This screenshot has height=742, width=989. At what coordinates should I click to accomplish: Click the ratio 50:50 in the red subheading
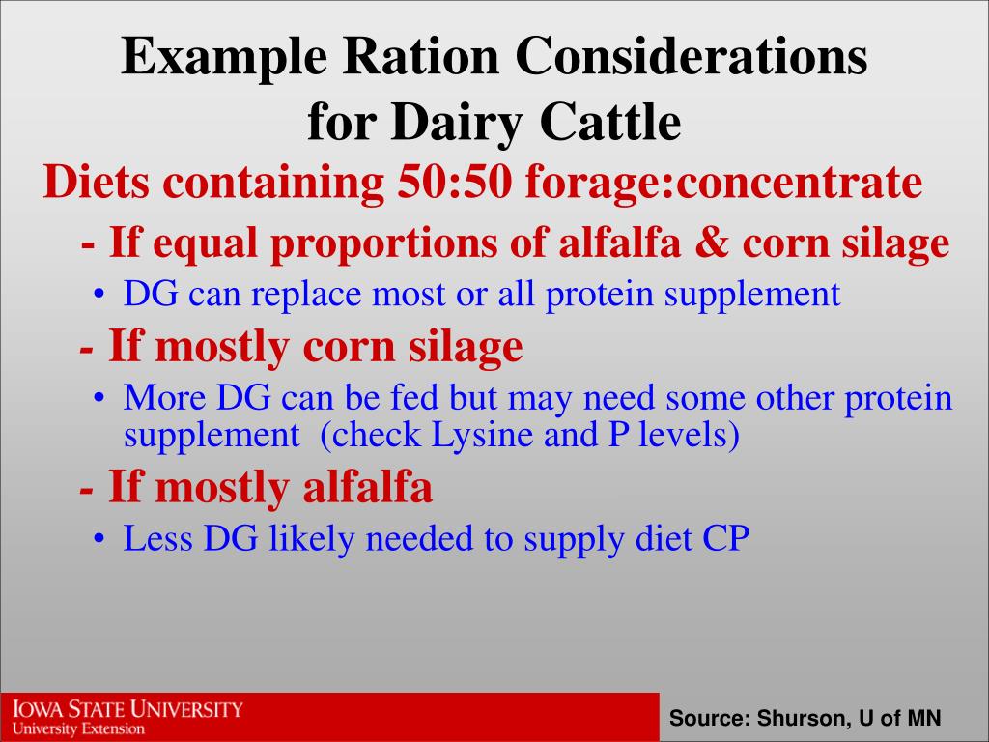click(454, 183)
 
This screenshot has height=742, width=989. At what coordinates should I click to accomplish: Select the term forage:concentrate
click(723, 183)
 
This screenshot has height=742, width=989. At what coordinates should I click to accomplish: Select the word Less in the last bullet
click(158, 538)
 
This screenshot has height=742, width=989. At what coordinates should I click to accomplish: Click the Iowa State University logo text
click(127, 710)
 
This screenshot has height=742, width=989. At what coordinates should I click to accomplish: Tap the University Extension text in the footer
click(78, 728)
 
